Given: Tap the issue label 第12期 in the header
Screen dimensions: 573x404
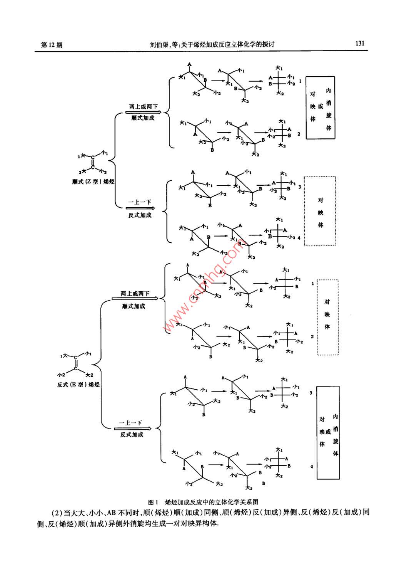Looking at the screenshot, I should (x=52, y=45).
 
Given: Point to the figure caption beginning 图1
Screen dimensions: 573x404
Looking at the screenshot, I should (x=203, y=502).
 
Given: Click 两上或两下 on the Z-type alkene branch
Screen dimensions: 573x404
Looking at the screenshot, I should (x=143, y=107).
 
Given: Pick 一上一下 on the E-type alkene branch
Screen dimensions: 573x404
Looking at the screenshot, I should (x=130, y=423).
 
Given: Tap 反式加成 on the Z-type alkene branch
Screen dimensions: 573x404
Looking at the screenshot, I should (x=140, y=215).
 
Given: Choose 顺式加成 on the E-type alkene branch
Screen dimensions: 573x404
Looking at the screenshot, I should (x=134, y=306).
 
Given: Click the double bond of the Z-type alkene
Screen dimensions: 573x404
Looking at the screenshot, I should (x=93, y=162).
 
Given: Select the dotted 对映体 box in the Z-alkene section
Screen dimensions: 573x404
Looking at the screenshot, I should (x=320, y=211).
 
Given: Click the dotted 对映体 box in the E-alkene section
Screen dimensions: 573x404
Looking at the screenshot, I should (x=327, y=317).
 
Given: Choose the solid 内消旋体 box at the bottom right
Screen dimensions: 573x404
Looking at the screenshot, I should (x=328, y=433).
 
